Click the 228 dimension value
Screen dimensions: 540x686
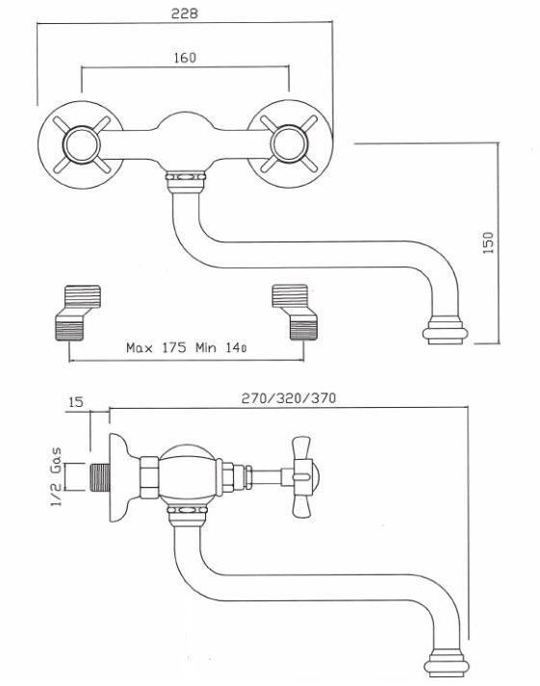[184, 13]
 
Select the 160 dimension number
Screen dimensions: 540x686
[185, 58]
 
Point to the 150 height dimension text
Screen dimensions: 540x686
[487, 242]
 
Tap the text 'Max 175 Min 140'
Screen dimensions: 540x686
[187, 348]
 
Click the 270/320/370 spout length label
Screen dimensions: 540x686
[289, 397]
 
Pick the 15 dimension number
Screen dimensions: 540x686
[76, 401]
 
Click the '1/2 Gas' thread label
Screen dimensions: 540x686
[57, 477]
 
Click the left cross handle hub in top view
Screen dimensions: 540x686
[82, 145]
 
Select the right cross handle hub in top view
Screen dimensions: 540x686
[290, 144]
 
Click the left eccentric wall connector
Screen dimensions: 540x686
[78, 313]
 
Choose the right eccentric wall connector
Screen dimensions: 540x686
[295, 313]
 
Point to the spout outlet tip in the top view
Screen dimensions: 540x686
[445, 333]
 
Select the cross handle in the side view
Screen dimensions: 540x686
[302, 477]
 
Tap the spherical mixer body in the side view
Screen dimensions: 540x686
[188, 477]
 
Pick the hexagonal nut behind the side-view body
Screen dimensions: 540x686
[149, 477]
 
